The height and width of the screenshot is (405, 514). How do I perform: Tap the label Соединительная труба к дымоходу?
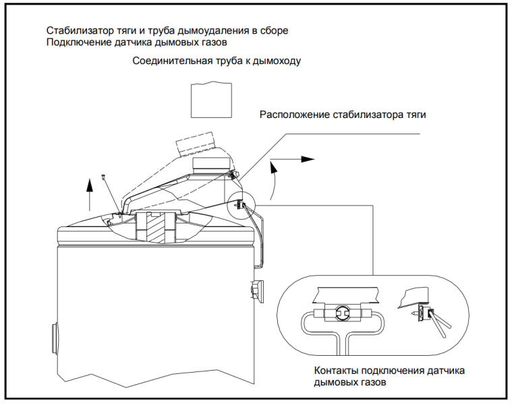click(x=216, y=61)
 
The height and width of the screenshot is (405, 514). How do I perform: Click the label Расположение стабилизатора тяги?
click(x=343, y=114)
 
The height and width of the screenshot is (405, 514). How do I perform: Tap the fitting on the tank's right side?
click(x=256, y=289)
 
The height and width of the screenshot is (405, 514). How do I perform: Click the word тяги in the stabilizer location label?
click(x=416, y=114)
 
